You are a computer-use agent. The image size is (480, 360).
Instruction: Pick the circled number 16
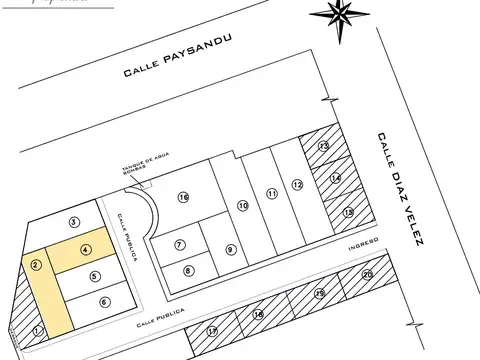[x=183, y=197]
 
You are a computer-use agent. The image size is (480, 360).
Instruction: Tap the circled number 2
[x=35, y=265]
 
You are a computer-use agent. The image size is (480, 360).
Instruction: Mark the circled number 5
[x=95, y=277]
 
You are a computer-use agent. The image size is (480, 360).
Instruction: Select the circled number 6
[x=104, y=301]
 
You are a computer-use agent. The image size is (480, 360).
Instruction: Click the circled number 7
[x=180, y=244]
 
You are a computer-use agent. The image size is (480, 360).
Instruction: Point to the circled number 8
[x=189, y=270]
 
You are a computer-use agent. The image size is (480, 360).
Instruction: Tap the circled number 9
[x=230, y=250]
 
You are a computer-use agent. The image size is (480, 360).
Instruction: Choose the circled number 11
[x=271, y=193]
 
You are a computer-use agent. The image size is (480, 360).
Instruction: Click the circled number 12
[x=297, y=184]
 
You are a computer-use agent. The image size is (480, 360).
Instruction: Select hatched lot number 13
[x=323, y=147]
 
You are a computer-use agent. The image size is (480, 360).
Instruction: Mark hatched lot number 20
[x=367, y=274]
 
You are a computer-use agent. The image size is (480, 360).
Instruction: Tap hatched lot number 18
[x=258, y=315]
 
